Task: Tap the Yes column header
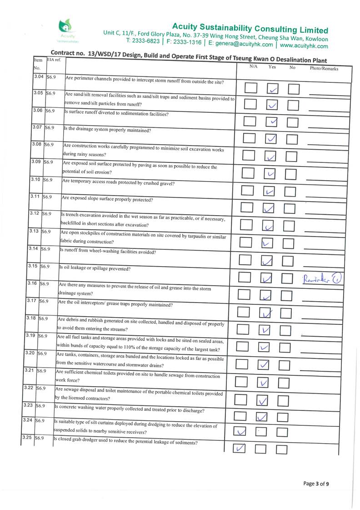(x=272, y=67)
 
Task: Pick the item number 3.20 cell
(x=30, y=353)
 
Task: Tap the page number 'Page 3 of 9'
(x=316, y=484)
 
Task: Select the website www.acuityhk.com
(x=304, y=46)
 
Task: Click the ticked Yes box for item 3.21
(x=264, y=383)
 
